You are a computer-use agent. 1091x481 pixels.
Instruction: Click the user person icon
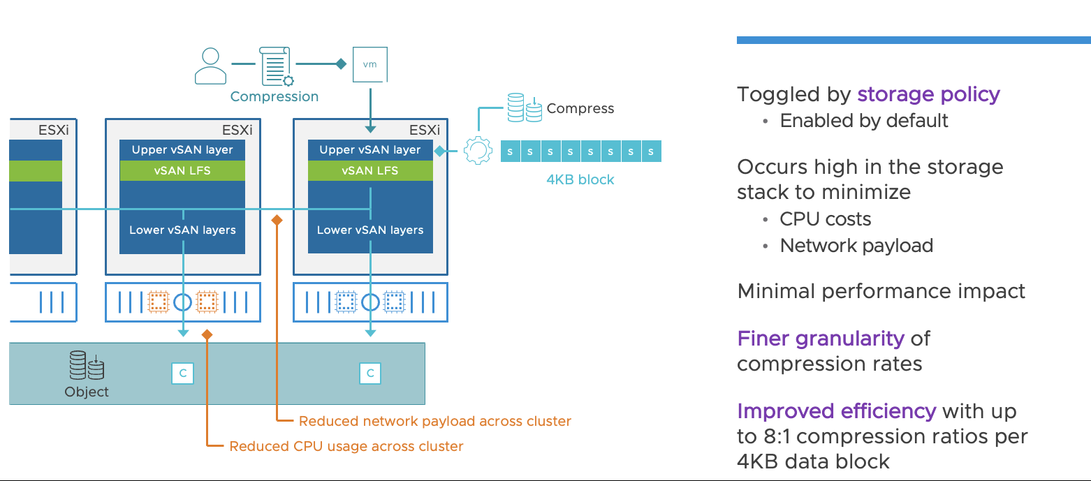click(x=210, y=66)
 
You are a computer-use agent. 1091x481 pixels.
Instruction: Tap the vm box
click(x=370, y=64)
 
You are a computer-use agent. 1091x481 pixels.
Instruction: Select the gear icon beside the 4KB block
click(x=478, y=151)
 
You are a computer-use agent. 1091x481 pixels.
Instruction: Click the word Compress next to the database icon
click(x=580, y=108)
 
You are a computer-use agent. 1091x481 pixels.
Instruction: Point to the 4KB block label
click(x=580, y=179)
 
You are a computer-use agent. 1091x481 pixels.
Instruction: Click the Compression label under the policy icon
click(x=274, y=96)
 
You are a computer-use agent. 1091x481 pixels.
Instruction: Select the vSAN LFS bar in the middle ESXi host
click(x=182, y=170)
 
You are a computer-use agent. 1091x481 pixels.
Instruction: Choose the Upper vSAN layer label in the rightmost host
click(x=370, y=149)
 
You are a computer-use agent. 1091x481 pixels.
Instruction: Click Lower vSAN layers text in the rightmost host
click(x=370, y=230)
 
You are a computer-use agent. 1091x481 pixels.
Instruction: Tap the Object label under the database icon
click(x=87, y=392)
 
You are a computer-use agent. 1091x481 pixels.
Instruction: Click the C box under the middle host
click(x=182, y=373)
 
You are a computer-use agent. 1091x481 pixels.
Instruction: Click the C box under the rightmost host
click(x=370, y=373)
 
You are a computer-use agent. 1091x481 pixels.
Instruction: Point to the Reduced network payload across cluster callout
click(x=434, y=421)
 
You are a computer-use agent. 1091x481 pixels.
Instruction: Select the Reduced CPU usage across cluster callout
click(x=346, y=445)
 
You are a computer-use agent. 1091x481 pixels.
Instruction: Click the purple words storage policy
click(x=928, y=94)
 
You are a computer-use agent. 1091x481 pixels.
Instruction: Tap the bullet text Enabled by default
click(x=863, y=121)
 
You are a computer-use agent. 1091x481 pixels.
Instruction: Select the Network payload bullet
click(x=856, y=246)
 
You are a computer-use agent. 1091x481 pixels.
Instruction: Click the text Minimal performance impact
click(x=881, y=291)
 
